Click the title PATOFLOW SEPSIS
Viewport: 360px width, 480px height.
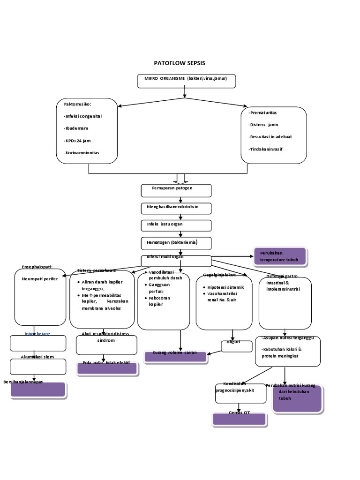(180, 63)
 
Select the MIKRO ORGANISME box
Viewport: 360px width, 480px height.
(186, 81)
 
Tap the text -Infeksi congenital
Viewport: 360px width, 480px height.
(82, 116)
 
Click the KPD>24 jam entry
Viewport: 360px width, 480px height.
(77, 140)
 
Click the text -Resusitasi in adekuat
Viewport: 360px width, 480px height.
(271, 137)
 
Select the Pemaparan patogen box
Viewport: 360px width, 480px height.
(176, 190)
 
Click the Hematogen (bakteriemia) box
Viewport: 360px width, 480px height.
(176, 243)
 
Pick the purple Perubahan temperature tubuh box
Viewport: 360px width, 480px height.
(280, 256)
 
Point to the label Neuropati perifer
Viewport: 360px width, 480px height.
(39, 278)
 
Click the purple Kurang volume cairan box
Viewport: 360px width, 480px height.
(175, 357)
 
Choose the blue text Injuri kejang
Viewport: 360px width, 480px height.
(37, 333)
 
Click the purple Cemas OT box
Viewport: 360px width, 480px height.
(239, 419)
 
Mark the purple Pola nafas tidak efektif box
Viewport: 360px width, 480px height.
(107, 368)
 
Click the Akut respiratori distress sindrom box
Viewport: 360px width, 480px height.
(107, 344)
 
